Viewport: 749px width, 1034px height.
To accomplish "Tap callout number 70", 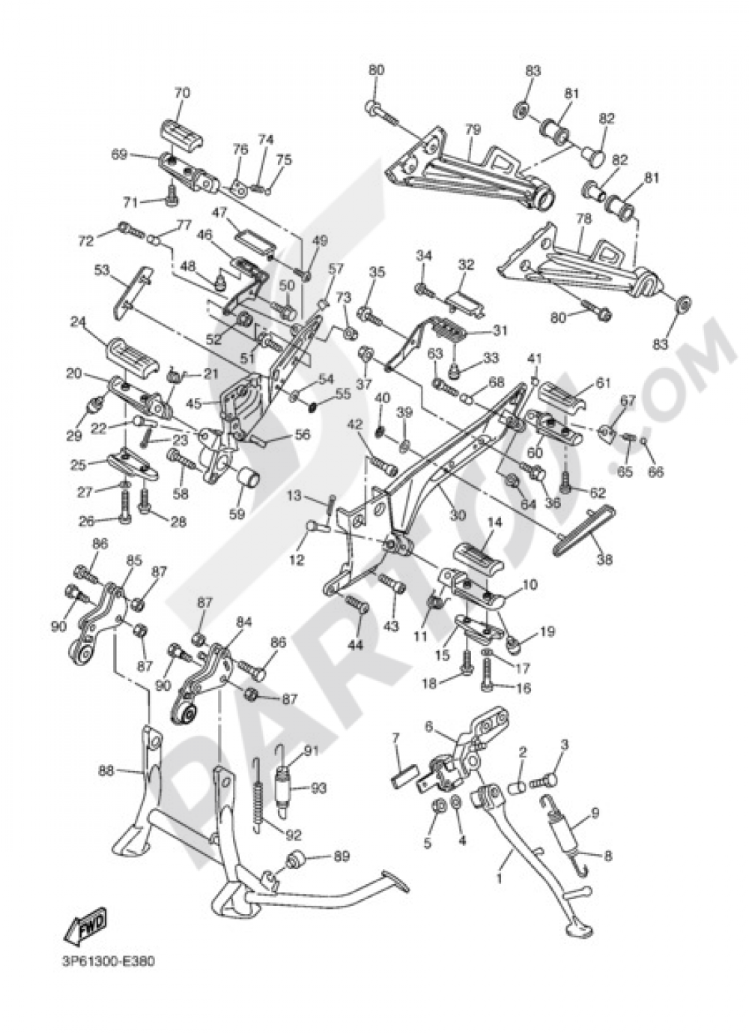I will (x=182, y=94).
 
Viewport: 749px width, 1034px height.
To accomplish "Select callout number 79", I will (x=472, y=130).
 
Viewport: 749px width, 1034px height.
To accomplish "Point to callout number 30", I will (x=457, y=516).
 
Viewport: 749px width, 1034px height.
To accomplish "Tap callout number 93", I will (x=319, y=788).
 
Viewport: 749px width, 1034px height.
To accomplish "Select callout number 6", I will (x=429, y=725).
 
